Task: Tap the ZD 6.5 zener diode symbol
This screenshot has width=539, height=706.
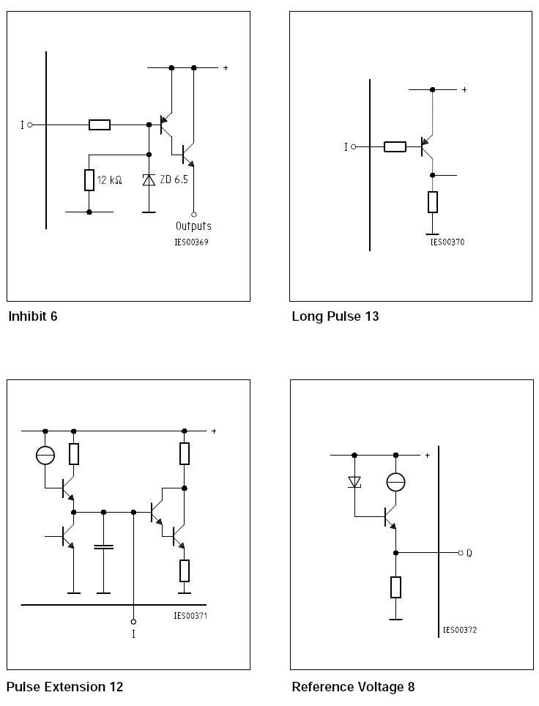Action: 149,179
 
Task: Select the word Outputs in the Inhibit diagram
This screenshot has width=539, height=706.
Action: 193,226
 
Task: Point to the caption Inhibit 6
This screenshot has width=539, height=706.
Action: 32,317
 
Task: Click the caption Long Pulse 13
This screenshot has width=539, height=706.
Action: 335,317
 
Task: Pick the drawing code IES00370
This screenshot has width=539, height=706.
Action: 447,242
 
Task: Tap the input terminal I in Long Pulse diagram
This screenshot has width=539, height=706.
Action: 353,147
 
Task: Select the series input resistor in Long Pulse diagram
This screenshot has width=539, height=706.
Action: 395,147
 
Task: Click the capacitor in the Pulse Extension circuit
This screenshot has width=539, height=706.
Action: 104,547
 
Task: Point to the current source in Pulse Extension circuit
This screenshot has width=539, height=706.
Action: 45,456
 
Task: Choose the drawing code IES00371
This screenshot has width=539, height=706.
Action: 190,616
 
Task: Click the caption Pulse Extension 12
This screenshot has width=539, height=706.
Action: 64,687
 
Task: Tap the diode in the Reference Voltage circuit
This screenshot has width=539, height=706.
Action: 354,482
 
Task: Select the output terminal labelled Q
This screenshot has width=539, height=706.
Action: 461,553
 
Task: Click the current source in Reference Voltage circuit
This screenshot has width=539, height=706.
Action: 395,482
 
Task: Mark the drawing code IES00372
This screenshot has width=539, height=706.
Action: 461,630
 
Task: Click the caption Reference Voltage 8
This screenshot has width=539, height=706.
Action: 353,687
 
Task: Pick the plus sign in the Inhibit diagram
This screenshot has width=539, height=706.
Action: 226,68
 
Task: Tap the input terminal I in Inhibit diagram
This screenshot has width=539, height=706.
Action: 30,125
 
